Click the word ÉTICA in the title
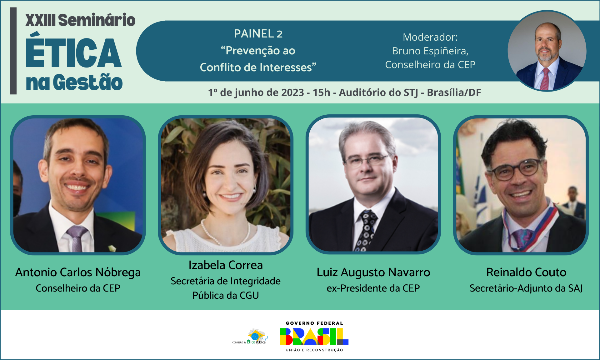pos(74,53)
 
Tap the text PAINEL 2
pos(258,34)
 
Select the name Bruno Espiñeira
pos(430,51)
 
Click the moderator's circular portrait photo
pos(547,51)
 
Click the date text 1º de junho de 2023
pos(256,92)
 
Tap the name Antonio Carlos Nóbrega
pos(78,272)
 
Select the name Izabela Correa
pos(226,265)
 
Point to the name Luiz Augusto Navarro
pos(373,272)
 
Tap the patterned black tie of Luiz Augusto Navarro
pos(366,230)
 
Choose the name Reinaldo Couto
pos(526,272)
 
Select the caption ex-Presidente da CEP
pos(373,288)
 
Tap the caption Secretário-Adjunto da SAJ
pos(526,288)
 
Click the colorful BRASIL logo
pos(314,336)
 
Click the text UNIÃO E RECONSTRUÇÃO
pos(314,350)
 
